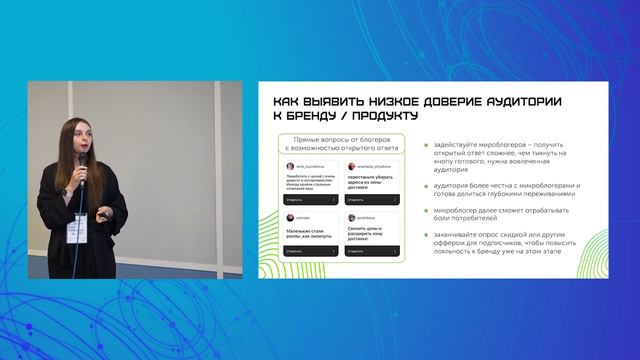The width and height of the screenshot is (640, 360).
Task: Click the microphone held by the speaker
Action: (x=82, y=164)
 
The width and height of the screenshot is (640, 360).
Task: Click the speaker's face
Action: (x=74, y=142)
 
